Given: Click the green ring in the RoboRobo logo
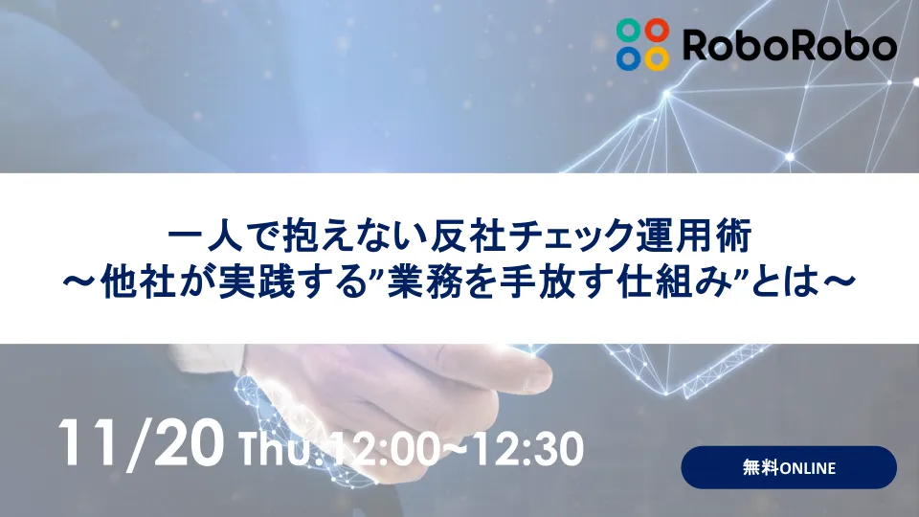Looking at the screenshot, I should point(629,30).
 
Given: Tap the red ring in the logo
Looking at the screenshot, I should point(656,30).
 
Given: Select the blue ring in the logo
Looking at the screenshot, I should point(629,56).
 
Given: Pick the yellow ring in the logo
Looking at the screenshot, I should point(656,56).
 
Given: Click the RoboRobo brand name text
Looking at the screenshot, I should point(789,44).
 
